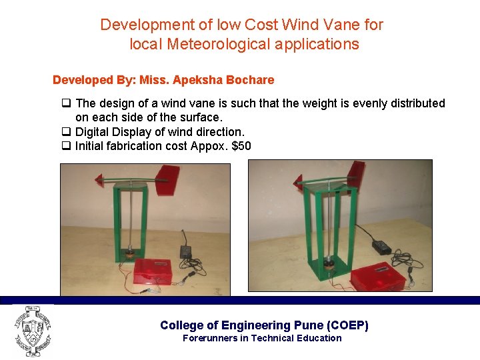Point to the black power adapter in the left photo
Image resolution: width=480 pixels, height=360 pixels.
[186, 253]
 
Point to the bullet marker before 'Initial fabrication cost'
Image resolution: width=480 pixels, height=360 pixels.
[66, 146]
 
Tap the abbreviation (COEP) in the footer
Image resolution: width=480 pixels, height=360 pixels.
[347, 325]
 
